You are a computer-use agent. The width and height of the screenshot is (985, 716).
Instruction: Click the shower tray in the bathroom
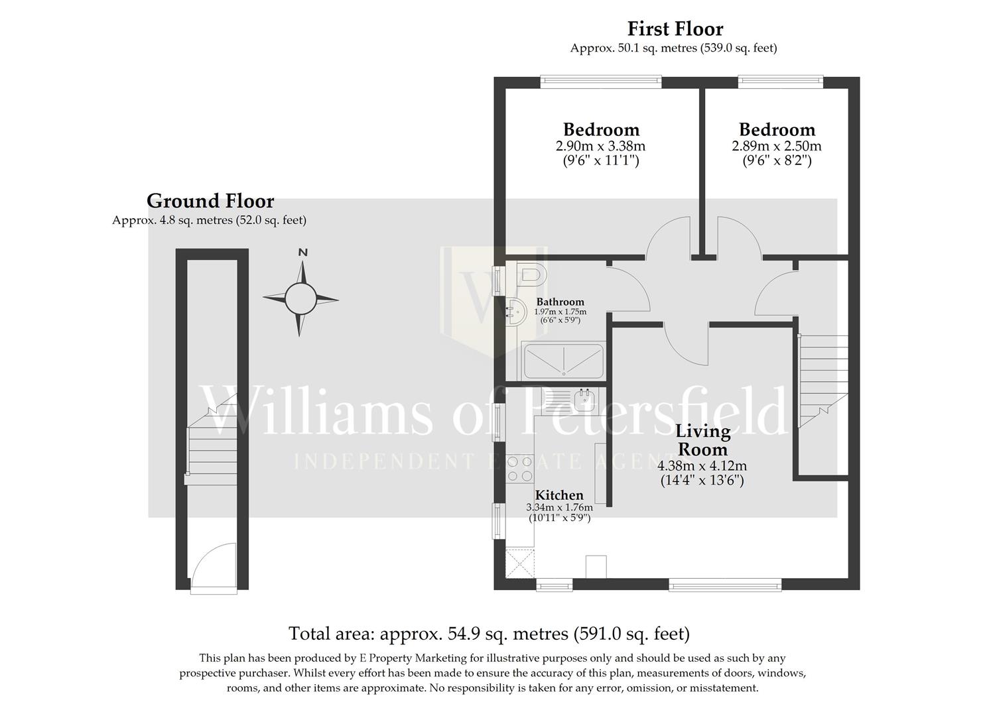tap(563, 361)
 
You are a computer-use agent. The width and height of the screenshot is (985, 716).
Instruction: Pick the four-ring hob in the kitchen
tap(519, 469)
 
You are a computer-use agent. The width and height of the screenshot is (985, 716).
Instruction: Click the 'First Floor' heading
tap(675, 29)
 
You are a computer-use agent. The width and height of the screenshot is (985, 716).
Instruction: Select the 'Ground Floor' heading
tap(210, 201)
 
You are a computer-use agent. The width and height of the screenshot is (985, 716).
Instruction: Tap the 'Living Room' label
tap(702, 440)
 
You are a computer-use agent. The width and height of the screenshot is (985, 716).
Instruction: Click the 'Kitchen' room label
tap(559, 495)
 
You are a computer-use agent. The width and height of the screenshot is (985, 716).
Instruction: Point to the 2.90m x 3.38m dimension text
tap(600, 146)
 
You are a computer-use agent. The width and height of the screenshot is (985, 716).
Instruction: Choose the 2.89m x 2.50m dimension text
tap(776, 146)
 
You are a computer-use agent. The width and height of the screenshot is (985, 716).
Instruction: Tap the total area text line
tap(489, 634)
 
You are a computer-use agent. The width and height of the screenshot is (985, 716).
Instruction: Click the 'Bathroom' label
tap(560, 302)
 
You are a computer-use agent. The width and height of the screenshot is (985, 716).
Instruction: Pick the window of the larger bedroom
tap(601, 82)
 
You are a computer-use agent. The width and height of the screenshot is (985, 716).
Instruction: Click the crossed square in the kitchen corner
tap(519, 563)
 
